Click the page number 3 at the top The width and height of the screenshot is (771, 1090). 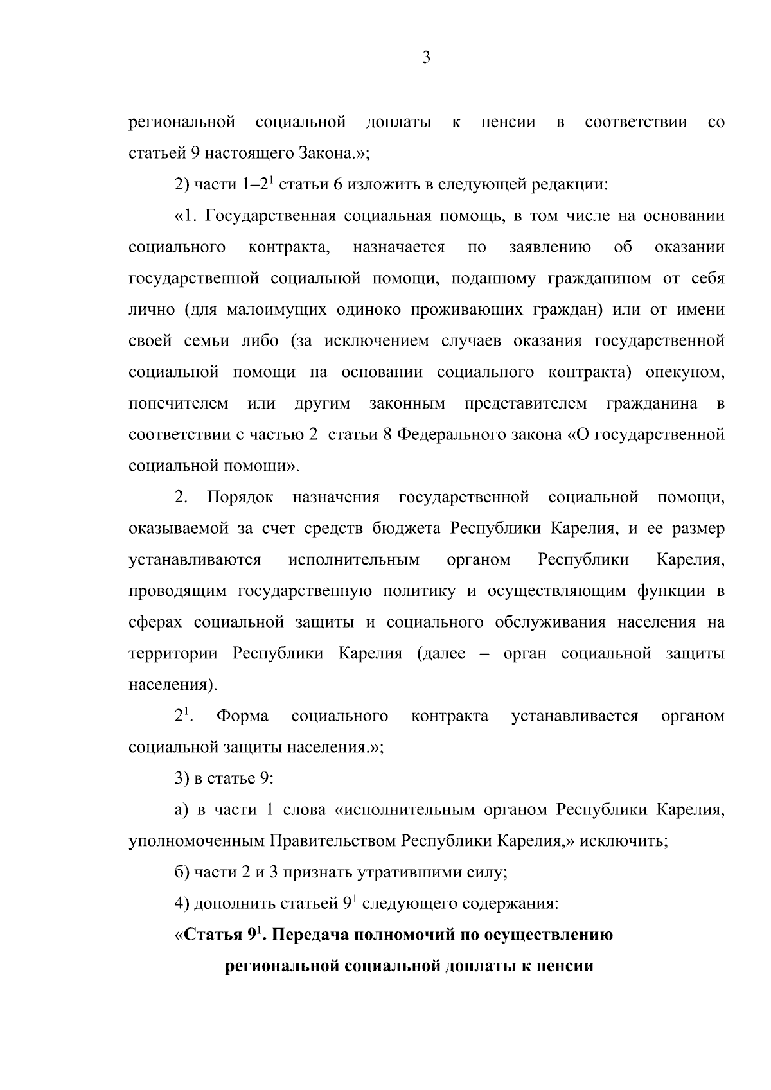[426, 58]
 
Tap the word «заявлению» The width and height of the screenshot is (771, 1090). [549, 247]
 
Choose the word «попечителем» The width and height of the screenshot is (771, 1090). [179, 404]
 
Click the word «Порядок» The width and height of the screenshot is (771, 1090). [240, 497]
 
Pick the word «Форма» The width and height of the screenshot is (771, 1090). [242, 716]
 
